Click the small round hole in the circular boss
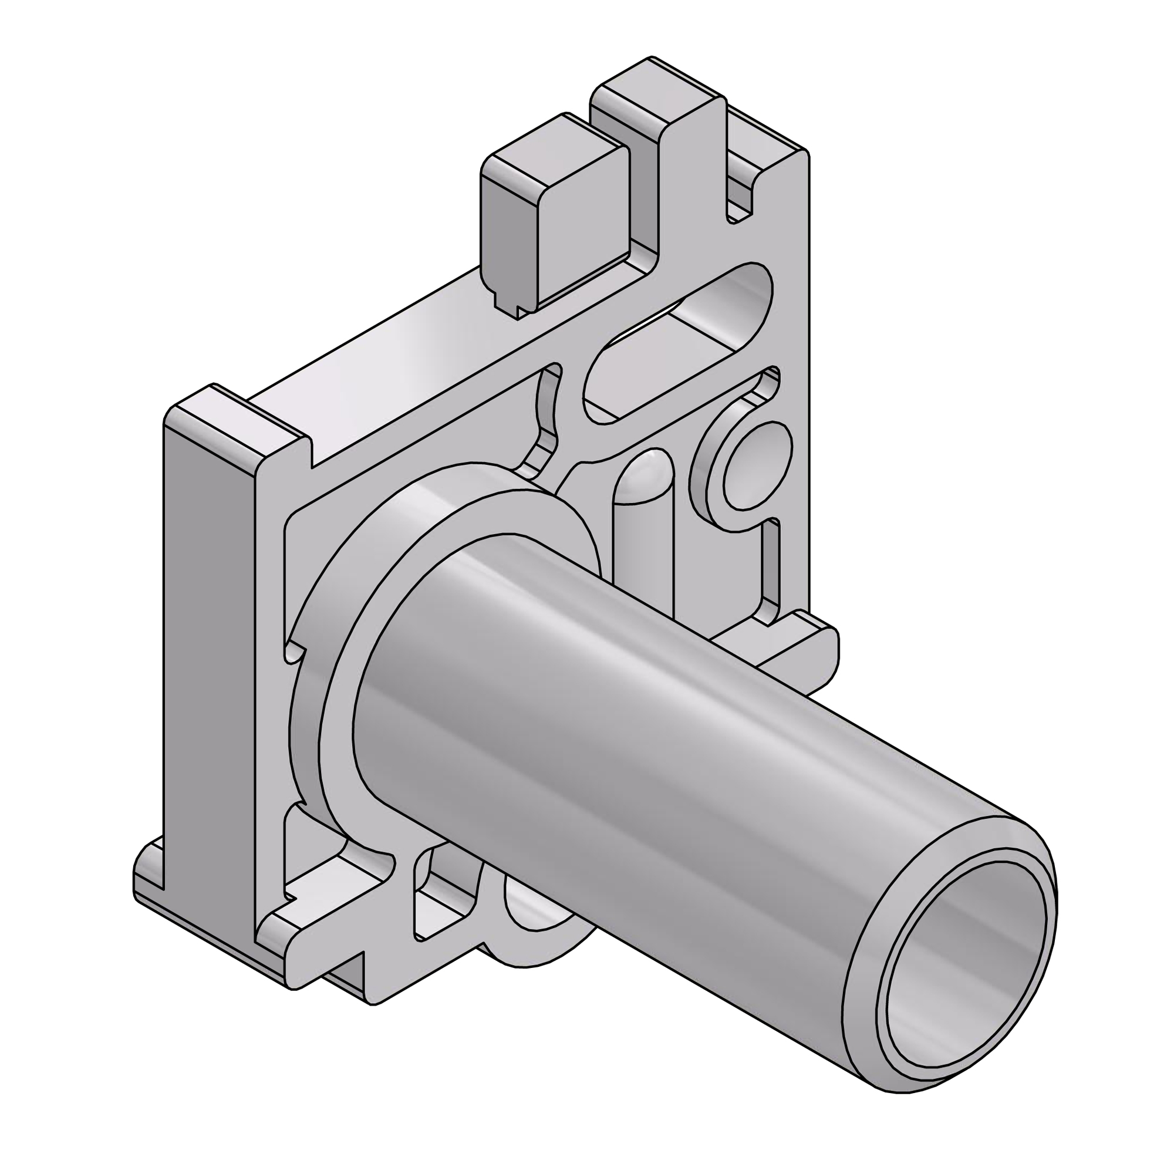click(x=756, y=466)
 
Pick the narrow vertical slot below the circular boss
click(x=771, y=571)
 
